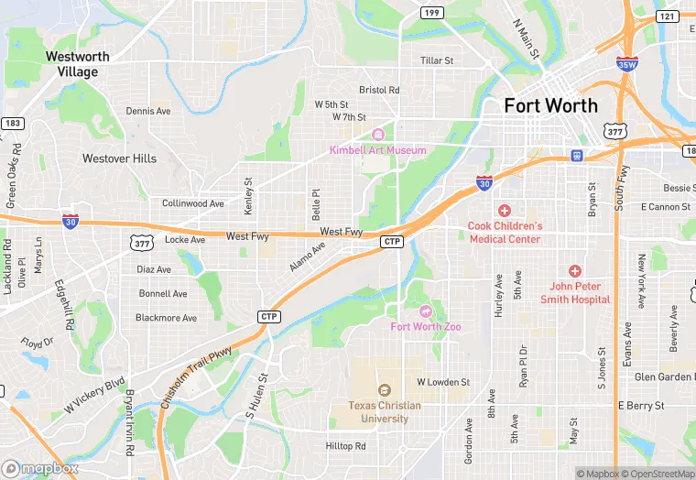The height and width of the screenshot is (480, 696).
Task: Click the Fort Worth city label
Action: pos(550,105)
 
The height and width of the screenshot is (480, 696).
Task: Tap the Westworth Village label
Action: pos(78,64)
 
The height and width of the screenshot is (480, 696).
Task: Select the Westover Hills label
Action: pos(119,158)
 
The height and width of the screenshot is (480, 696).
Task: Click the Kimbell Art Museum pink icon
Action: pos(377,136)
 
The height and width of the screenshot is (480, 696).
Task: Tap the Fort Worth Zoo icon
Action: pos(424,311)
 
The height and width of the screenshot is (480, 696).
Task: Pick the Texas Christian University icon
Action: pos(384,390)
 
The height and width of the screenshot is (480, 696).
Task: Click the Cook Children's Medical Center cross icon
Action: pos(504,211)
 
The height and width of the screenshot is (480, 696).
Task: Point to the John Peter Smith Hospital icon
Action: pos(574,271)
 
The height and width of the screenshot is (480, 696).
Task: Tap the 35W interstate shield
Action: pos(627,64)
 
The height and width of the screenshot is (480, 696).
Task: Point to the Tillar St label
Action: pos(437,60)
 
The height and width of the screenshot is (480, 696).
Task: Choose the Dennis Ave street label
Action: pos(148,111)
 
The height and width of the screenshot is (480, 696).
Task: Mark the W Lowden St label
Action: pos(443,382)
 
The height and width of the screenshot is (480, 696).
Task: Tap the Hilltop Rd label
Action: pos(346,446)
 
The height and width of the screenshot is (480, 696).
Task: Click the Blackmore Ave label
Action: pos(166,318)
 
